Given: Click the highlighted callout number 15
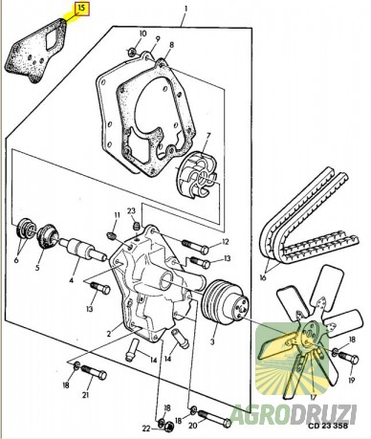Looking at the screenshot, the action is tap(82, 9).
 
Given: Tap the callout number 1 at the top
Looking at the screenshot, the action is tap(185, 9).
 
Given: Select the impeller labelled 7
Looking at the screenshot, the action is tap(197, 176).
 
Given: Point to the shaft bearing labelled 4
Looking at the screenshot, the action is tap(83, 251).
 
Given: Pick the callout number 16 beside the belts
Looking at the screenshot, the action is tap(263, 277).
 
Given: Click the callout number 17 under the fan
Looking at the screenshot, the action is tap(313, 398).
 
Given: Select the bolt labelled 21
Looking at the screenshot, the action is tap(94, 372).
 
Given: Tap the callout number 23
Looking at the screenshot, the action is tap(132, 210).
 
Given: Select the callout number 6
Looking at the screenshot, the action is tap(16, 260).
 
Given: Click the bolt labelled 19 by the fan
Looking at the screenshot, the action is tap(348, 358).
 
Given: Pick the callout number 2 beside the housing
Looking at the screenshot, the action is tap(109, 334).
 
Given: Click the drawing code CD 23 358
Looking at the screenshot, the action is tap(327, 426).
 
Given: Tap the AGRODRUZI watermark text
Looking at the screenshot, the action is tap(294, 413).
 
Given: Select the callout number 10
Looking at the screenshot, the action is tap(142, 33).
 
